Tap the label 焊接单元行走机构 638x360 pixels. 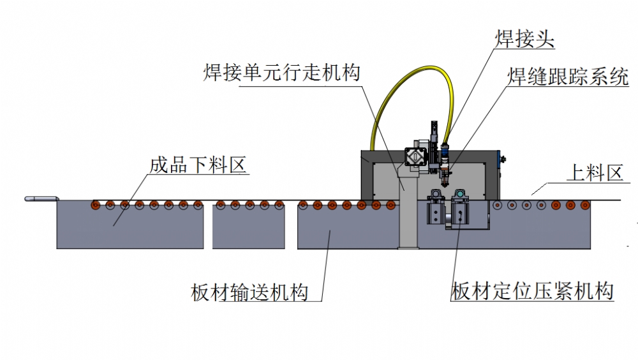281,71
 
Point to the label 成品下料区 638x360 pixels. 198,165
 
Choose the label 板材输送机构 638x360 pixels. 249,292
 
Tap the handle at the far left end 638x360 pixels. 40,199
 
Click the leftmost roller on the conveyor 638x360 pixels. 96,205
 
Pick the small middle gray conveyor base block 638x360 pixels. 248,228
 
